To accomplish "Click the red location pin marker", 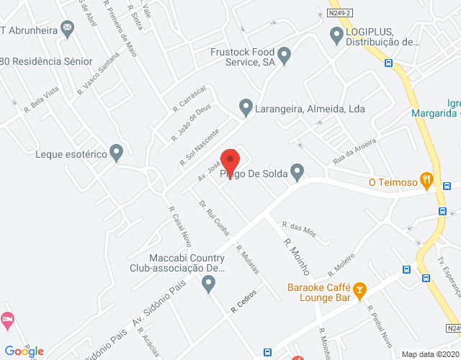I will coord(229,160).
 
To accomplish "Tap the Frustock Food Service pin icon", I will coord(285,55).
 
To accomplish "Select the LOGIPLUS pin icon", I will coord(335,34).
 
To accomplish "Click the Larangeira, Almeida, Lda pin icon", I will coord(246,108).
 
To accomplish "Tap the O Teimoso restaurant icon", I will coord(427,181).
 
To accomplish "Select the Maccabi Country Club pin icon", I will coord(209,284).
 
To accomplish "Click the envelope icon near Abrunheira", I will coord(68,29).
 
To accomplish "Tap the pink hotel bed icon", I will coord(7,318).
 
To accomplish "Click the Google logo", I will coord(24,351).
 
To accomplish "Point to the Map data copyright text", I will coord(429,354).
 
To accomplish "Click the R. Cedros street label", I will coord(244,307).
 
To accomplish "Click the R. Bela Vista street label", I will coord(41,99).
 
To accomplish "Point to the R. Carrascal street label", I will coord(189,99).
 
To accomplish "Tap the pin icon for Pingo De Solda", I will coord(297,172).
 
